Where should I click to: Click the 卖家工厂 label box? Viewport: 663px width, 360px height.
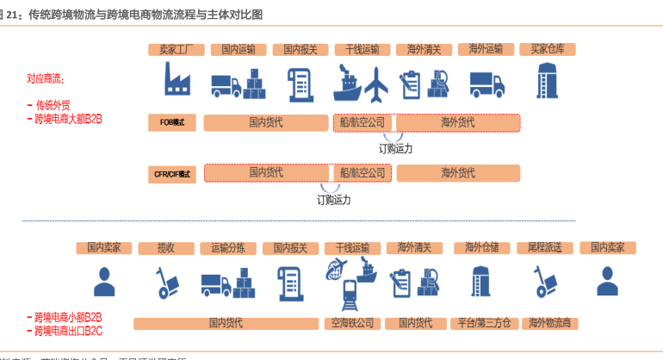point(176,50)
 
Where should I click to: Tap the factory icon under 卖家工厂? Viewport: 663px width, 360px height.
point(177,80)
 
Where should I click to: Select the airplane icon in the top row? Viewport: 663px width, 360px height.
point(376,84)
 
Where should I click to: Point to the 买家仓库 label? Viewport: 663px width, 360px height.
point(548,50)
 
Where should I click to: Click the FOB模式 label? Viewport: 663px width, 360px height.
point(173,122)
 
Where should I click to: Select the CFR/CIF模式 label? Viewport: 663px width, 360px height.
point(173,174)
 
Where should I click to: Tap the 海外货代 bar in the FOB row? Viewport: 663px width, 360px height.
point(457,123)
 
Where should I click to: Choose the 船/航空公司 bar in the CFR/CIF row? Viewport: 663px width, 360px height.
point(362,173)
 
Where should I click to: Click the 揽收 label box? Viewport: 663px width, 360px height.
point(166,248)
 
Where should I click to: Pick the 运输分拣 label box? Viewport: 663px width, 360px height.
point(228,248)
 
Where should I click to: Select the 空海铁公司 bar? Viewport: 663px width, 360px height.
point(352,324)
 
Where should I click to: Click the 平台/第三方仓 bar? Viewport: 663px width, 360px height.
point(484,324)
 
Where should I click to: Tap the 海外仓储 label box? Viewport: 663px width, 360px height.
point(482,248)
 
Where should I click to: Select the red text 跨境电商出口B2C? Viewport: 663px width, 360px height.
point(69,330)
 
